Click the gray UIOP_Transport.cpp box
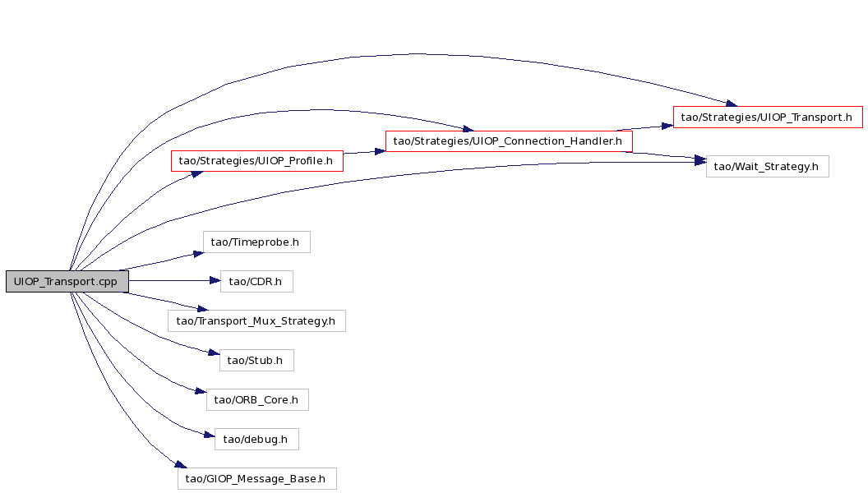[x=67, y=282]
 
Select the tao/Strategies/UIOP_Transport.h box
[x=767, y=117]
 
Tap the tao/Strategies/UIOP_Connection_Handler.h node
[x=509, y=141]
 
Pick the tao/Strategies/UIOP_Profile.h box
[x=256, y=161]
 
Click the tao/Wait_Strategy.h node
[x=767, y=167]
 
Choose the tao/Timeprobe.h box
[x=256, y=242]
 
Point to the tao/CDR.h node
[x=256, y=282]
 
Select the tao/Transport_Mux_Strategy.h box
[x=256, y=321]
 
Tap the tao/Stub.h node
[x=256, y=361]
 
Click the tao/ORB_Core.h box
[x=257, y=400]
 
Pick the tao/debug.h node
[x=256, y=440]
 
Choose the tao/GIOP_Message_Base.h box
[x=256, y=478]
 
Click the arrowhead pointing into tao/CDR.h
[x=215, y=281]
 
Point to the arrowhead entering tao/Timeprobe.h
[x=198, y=253]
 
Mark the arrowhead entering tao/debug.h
[x=210, y=435]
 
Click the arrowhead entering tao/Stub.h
[x=214, y=352]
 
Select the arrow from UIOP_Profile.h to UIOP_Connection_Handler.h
[x=364, y=152]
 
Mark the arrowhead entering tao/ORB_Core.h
[x=201, y=392]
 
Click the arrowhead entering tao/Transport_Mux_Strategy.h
[x=202, y=309]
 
